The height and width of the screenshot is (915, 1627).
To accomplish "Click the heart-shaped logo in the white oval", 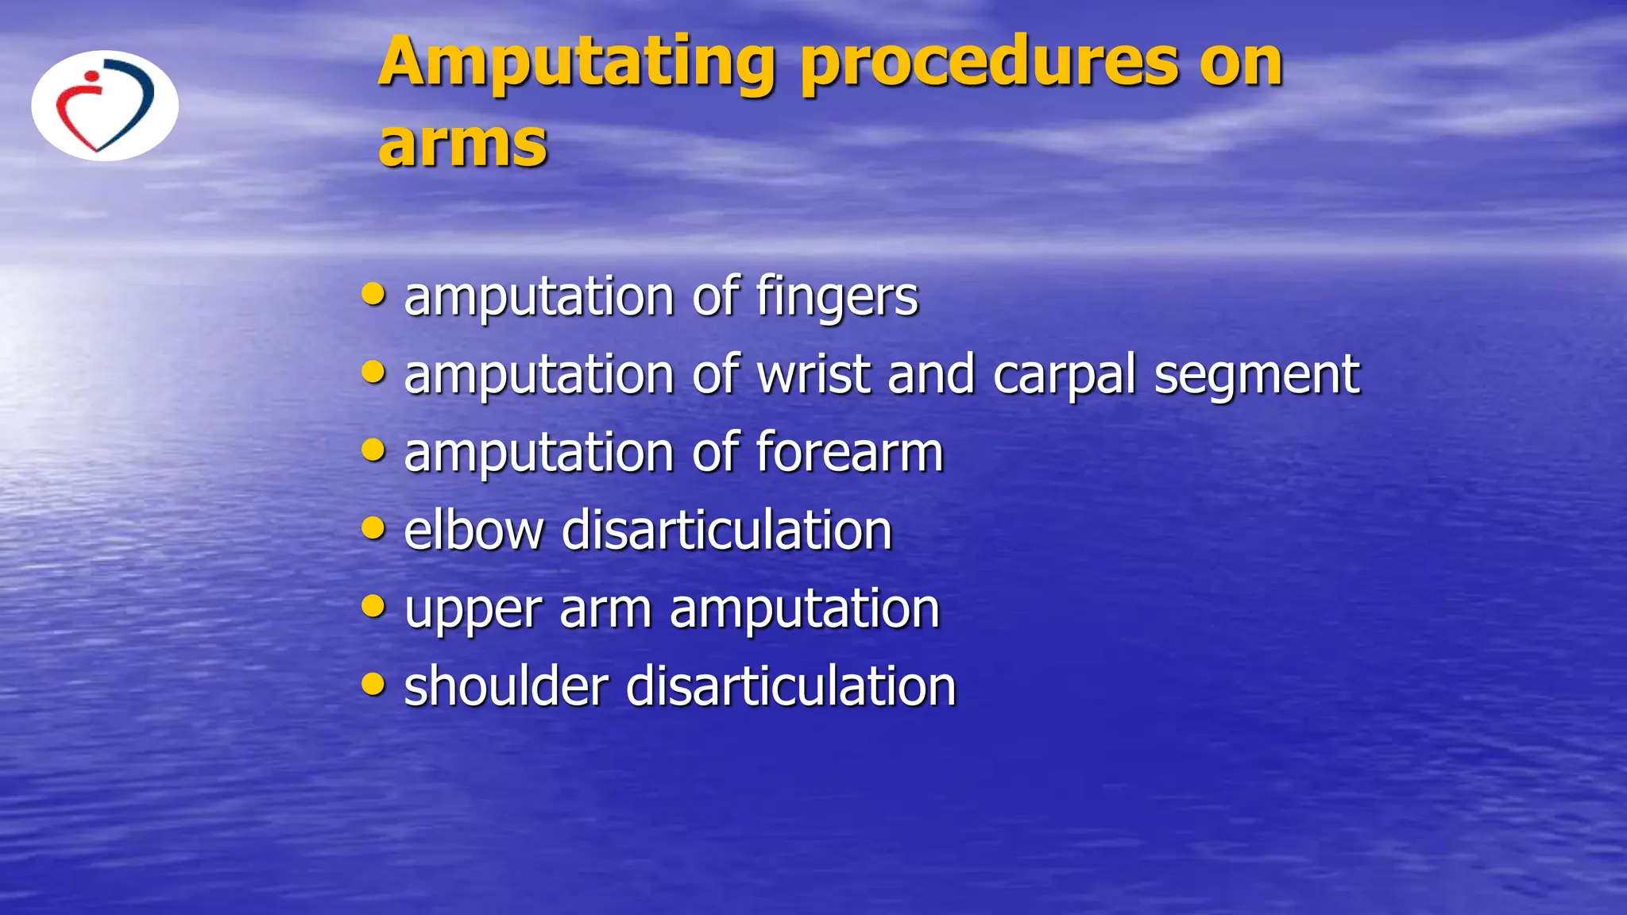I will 105,106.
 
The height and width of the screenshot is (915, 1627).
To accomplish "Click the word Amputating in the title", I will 576,64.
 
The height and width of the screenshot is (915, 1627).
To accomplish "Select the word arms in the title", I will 462,145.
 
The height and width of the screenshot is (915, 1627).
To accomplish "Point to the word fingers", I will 837,297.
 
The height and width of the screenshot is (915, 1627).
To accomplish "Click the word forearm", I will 849,452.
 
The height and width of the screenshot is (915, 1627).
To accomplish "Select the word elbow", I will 473,530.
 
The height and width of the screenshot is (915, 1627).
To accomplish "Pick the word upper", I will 473,610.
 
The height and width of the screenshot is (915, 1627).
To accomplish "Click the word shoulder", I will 506,686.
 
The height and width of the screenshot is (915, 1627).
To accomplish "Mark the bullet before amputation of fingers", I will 373,294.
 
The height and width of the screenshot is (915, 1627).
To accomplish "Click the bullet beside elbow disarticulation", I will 373,527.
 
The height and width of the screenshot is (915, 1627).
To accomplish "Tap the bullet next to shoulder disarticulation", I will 373,683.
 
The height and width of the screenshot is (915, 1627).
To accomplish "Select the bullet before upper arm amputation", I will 373,606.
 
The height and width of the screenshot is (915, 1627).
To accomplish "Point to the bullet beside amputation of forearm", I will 373,450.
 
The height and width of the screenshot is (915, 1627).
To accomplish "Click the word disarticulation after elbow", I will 727,530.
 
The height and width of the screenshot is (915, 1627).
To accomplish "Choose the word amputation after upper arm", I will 805,609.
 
